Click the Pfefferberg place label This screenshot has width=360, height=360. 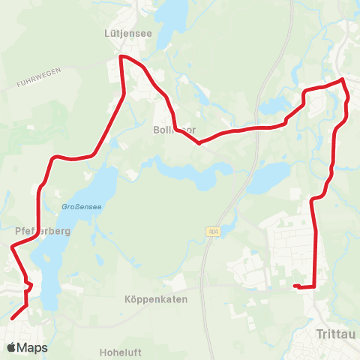tap(42, 231)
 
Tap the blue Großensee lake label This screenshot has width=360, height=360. tap(76, 206)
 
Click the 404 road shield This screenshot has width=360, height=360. tap(214, 233)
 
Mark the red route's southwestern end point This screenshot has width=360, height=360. tap(12, 318)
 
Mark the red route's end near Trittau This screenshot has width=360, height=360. tap(295, 285)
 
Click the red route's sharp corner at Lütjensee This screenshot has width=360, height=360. tap(121, 56)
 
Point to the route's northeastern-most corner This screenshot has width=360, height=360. tap(343, 79)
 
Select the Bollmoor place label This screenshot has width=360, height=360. tap(175, 129)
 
